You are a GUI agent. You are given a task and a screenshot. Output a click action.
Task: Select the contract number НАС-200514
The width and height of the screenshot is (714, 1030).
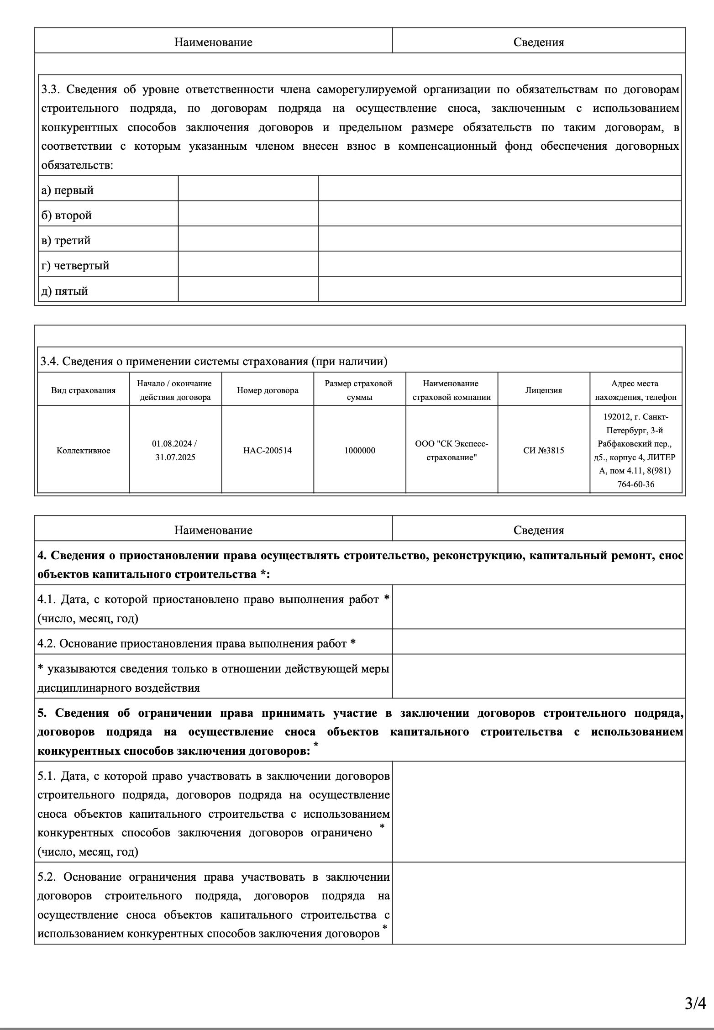coord(268,450)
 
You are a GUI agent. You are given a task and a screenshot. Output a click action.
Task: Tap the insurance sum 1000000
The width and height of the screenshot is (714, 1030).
coord(360,450)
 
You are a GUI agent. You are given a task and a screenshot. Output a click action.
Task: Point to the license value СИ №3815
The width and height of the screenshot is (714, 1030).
coord(543,450)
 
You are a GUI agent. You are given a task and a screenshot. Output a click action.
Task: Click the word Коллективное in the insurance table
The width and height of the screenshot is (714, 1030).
coord(84,450)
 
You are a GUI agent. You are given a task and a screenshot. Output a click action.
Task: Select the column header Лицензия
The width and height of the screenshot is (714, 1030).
coord(543,390)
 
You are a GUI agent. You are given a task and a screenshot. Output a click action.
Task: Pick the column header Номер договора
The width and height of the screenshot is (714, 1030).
coord(268,390)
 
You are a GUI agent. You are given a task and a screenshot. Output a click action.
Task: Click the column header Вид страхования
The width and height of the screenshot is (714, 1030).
coord(84,390)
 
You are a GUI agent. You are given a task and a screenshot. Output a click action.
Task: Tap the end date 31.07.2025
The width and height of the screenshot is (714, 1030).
coord(175,457)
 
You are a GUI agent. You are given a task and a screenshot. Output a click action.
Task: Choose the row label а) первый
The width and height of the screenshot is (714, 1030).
coord(68,190)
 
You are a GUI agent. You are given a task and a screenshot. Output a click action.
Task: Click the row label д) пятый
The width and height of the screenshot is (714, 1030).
coord(64,291)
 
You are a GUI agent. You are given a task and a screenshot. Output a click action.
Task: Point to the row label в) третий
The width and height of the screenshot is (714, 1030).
coord(66,240)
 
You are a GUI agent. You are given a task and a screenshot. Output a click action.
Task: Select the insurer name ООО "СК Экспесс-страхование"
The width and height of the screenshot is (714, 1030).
coord(451,450)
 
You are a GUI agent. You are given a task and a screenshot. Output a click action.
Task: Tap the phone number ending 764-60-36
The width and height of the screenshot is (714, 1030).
coord(635,484)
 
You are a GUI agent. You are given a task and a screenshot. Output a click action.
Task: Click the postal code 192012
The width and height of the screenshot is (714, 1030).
coord(616,416)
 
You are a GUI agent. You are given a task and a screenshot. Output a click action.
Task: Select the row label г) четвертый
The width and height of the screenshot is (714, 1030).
coord(75,265)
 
